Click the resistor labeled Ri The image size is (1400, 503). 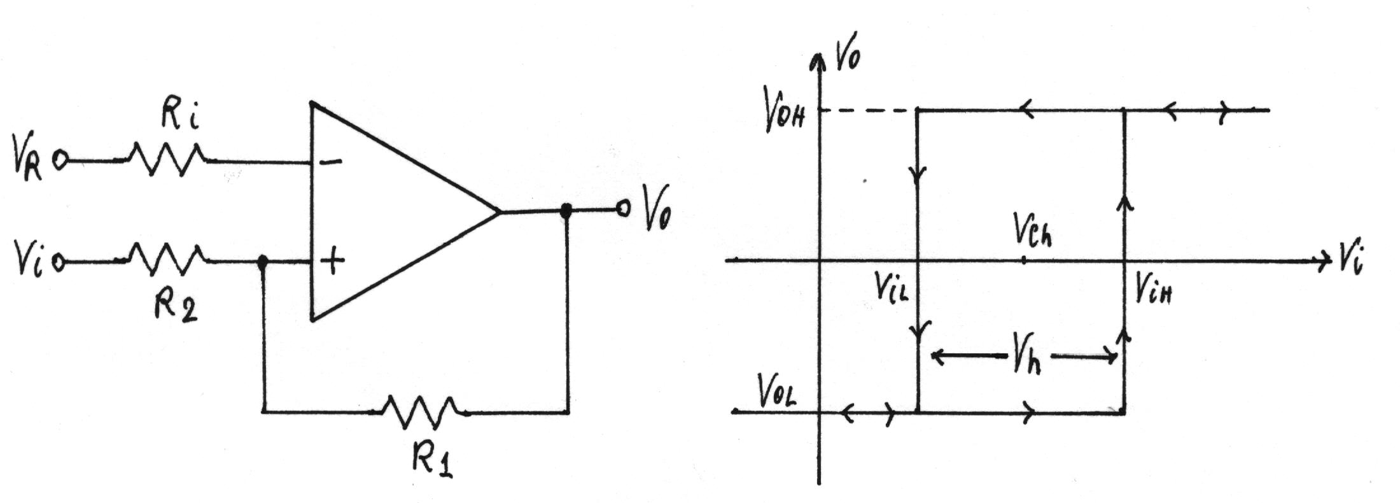click(x=167, y=159)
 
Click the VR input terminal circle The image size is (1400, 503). click(x=60, y=160)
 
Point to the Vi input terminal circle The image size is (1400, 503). click(x=59, y=262)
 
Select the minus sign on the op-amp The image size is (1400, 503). click(x=330, y=162)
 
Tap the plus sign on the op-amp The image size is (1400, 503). click(x=332, y=260)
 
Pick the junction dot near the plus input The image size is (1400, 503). click(x=262, y=261)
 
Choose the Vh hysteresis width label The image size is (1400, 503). click(x=1026, y=360)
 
